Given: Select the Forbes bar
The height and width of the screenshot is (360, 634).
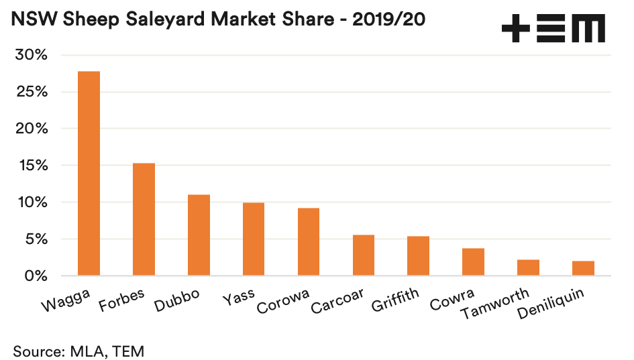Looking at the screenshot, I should (x=144, y=219).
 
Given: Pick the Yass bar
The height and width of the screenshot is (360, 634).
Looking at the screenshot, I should (x=253, y=239).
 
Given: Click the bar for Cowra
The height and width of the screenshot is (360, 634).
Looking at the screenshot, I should (x=473, y=261).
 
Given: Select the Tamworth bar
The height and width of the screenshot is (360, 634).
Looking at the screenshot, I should (x=528, y=267).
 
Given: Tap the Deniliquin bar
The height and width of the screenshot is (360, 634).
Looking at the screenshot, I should (x=583, y=268).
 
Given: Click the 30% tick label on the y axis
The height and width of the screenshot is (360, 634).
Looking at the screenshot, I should (x=31, y=55).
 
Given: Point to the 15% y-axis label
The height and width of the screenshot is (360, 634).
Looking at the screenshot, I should (x=32, y=166).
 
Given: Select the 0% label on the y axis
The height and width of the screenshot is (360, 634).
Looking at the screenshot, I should (x=36, y=276).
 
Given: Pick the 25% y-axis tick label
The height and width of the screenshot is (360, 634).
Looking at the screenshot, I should (x=31, y=92).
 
